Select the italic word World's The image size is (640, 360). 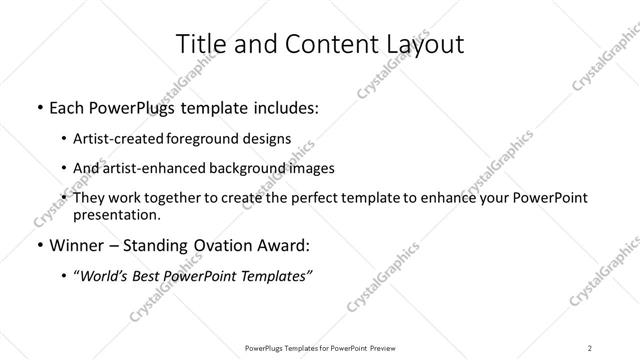pos(107,277)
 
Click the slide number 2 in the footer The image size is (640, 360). pos(590,347)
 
